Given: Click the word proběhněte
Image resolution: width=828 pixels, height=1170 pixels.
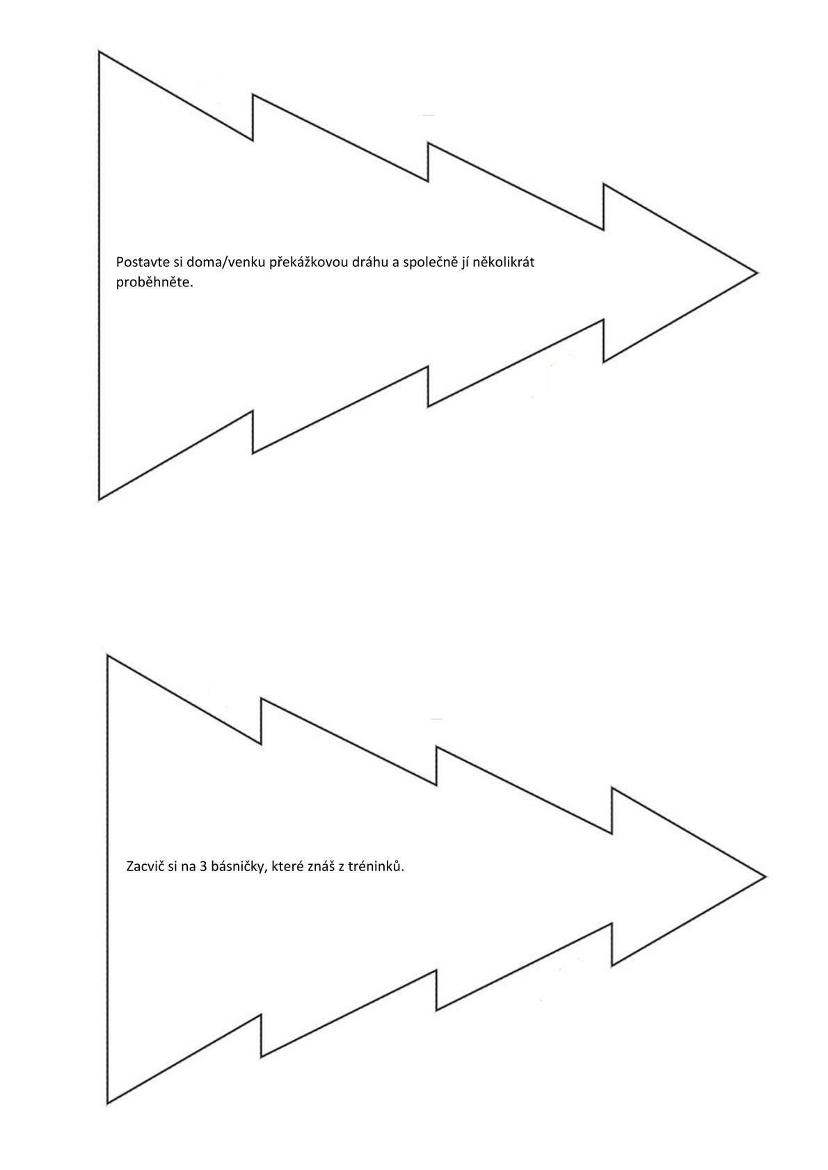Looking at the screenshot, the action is pos(154,284).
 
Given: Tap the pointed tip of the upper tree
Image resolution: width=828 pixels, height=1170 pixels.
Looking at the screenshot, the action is pos(758,272).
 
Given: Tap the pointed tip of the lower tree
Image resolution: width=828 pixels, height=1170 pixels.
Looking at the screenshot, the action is pos(766,877).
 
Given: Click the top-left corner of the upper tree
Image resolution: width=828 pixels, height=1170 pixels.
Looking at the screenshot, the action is pos(99,51).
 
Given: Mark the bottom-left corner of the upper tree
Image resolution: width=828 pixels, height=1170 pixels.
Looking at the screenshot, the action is pos(99,501).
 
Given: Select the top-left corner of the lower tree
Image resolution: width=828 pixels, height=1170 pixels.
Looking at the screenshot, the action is pos(107,656).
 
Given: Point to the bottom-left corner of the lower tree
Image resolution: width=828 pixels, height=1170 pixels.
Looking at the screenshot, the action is pos(107,1104).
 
